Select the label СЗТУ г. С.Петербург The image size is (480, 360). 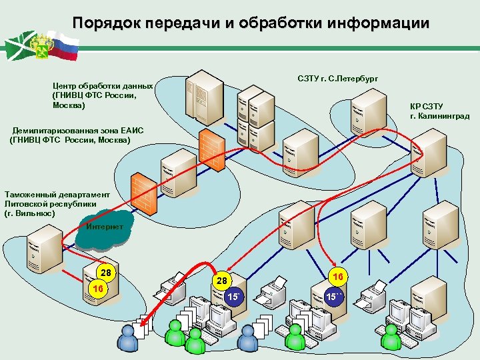(x=337, y=79)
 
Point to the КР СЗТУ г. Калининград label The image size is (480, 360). (x=439, y=111)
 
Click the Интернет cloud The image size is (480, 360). (x=105, y=227)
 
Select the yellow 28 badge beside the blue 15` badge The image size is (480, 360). (x=223, y=282)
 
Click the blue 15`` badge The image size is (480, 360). (x=334, y=295)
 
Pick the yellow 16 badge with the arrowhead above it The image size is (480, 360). (x=338, y=275)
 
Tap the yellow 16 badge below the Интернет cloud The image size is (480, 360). (x=98, y=289)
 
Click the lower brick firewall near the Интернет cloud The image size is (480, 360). (x=144, y=193)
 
